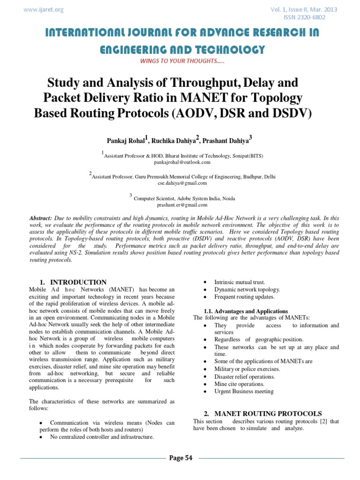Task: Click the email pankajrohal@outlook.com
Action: tap(182, 162)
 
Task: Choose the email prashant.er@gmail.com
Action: tap(182, 205)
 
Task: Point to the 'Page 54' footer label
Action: tap(180, 458)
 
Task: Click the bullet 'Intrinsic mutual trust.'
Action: tap(240, 282)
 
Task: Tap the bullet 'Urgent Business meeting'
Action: tap(244, 391)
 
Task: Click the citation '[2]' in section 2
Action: tap(323, 421)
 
